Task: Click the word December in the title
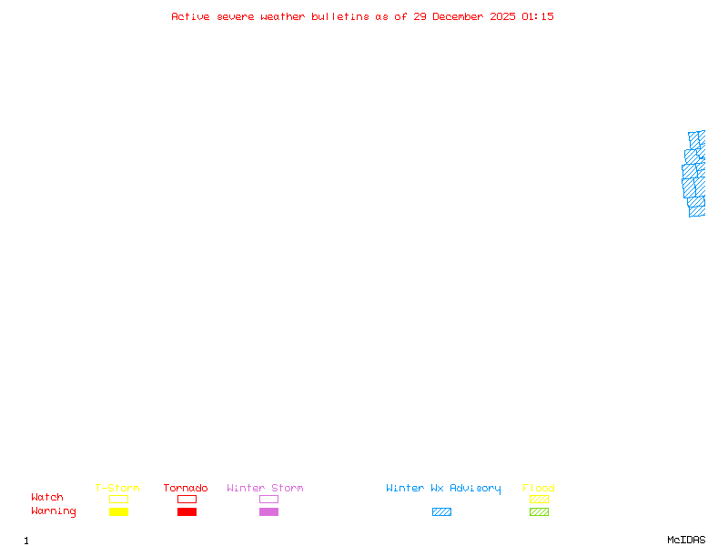(458, 16)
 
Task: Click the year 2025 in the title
(502, 16)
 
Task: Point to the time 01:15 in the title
(538, 16)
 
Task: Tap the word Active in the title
(190, 16)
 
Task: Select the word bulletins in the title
(339, 16)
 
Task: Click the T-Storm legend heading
(117, 488)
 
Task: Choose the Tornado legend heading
(186, 488)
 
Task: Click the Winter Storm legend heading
(265, 488)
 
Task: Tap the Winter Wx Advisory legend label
(443, 489)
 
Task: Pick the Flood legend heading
(539, 488)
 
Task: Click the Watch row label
(47, 497)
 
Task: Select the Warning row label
(54, 511)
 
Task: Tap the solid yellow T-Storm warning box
(119, 511)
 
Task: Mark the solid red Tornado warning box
(187, 511)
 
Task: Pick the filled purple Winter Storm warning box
(268, 511)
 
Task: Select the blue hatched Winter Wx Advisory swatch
(441, 511)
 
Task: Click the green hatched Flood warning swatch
(539, 511)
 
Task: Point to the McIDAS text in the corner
(686, 540)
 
